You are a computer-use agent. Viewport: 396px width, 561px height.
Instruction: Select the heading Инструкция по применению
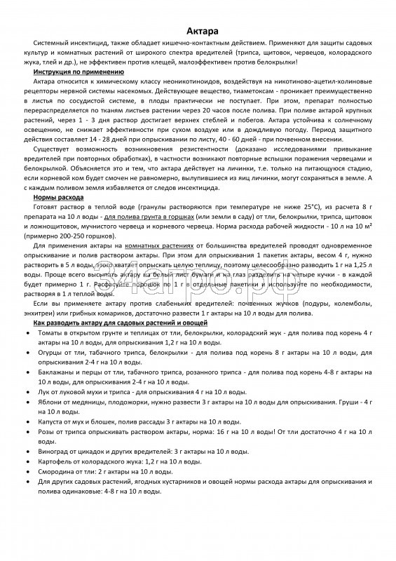pyautogui.click(x=78, y=72)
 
